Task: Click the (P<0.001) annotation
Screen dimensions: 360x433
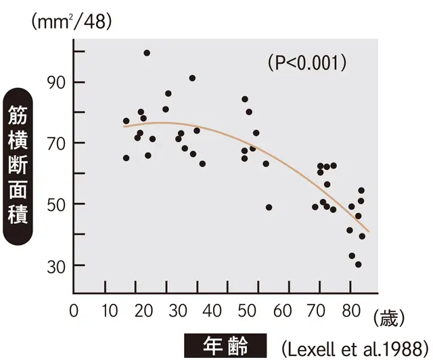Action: click(307, 64)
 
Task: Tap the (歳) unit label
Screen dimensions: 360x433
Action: click(392, 315)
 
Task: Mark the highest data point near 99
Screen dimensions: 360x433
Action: click(147, 53)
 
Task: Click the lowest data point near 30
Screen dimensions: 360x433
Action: click(358, 264)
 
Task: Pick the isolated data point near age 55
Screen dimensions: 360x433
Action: click(269, 207)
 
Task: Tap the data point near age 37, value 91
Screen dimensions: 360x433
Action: click(192, 78)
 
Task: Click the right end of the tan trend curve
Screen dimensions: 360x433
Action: click(369, 231)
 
